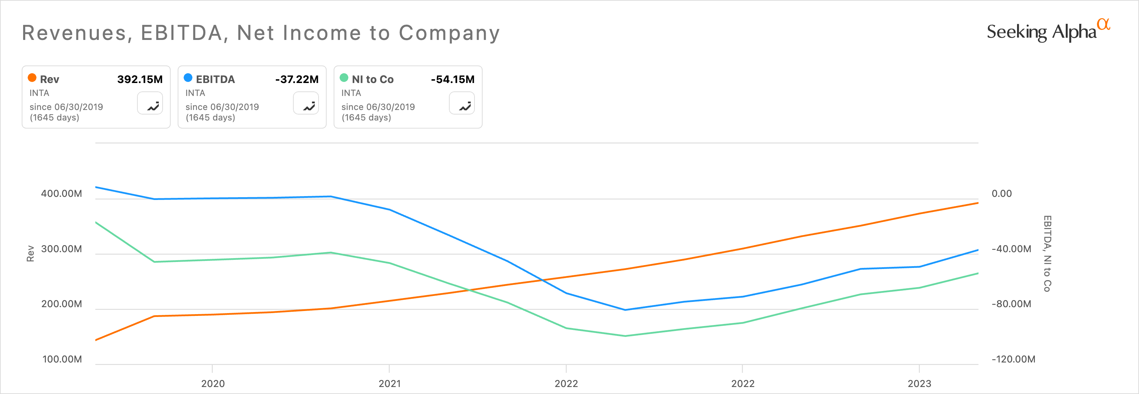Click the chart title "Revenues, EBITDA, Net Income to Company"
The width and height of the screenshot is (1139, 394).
click(x=261, y=33)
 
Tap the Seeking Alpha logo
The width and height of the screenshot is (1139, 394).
click(x=1048, y=31)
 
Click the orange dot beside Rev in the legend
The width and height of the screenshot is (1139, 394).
click(x=32, y=78)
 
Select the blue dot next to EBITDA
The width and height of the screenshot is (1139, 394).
click(x=188, y=78)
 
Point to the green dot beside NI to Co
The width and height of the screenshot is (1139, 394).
click(x=344, y=78)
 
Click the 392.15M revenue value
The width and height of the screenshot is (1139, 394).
click(x=140, y=80)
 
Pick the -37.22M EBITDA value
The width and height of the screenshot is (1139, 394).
click(x=297, y=80)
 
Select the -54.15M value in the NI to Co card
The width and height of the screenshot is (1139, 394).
click(x=452, y=80)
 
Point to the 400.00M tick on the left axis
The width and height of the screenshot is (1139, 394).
click(x=61, y=193)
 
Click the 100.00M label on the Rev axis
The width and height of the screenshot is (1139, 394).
click(x=62, y=359)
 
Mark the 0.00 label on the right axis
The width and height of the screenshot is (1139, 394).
click(x=1002, y=193)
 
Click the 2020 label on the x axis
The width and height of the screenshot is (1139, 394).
click(x=213, y=383)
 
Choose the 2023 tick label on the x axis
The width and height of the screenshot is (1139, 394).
click(x=919, y=383)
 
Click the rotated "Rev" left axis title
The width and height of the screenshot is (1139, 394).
click(x=30, y=254)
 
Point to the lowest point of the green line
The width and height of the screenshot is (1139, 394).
click(x=625, y=336)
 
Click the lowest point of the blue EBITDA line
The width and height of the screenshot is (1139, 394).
click(x=625, y=310)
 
